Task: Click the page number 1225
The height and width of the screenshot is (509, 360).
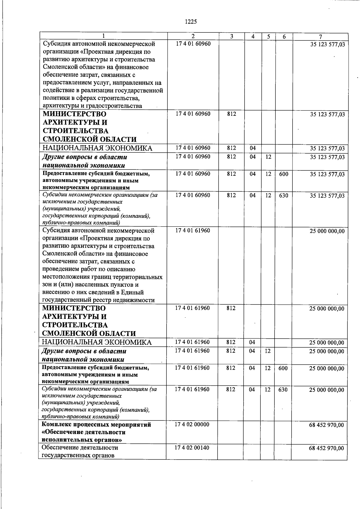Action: coord(190,22)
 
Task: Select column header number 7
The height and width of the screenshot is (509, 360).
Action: coord(320,37)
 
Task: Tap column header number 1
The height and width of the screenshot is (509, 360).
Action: coord(103,36)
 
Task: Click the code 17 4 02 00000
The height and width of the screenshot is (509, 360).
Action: coord(192,424)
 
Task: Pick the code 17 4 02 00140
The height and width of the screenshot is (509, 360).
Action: coord(192,448)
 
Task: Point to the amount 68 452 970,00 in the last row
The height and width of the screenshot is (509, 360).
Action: coord(326,448)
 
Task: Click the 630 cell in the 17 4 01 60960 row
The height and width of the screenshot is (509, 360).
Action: coord(283,195)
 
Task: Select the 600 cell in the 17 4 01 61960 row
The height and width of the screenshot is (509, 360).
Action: coord(283,368)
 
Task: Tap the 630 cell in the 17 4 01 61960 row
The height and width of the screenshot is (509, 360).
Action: coord(283,389)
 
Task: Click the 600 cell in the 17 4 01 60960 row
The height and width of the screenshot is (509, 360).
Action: coord(283,174)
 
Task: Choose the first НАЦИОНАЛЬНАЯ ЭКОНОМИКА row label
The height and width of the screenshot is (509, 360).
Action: coord(97,148)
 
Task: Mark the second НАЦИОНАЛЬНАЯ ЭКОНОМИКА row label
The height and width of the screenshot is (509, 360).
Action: coord(97,343)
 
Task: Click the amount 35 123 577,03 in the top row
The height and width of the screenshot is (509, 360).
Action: coord(327,44)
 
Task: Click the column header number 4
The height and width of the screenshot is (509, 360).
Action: coord(253,37)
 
